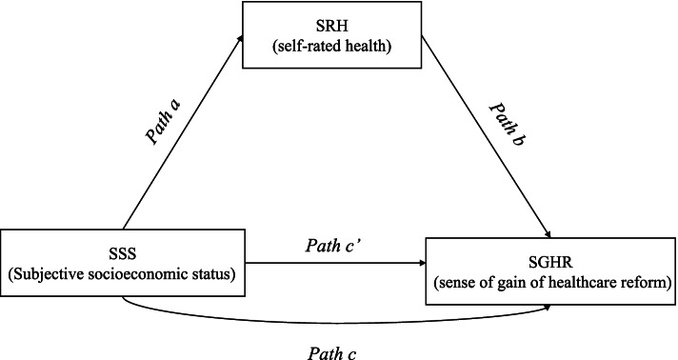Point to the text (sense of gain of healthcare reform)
550,284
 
